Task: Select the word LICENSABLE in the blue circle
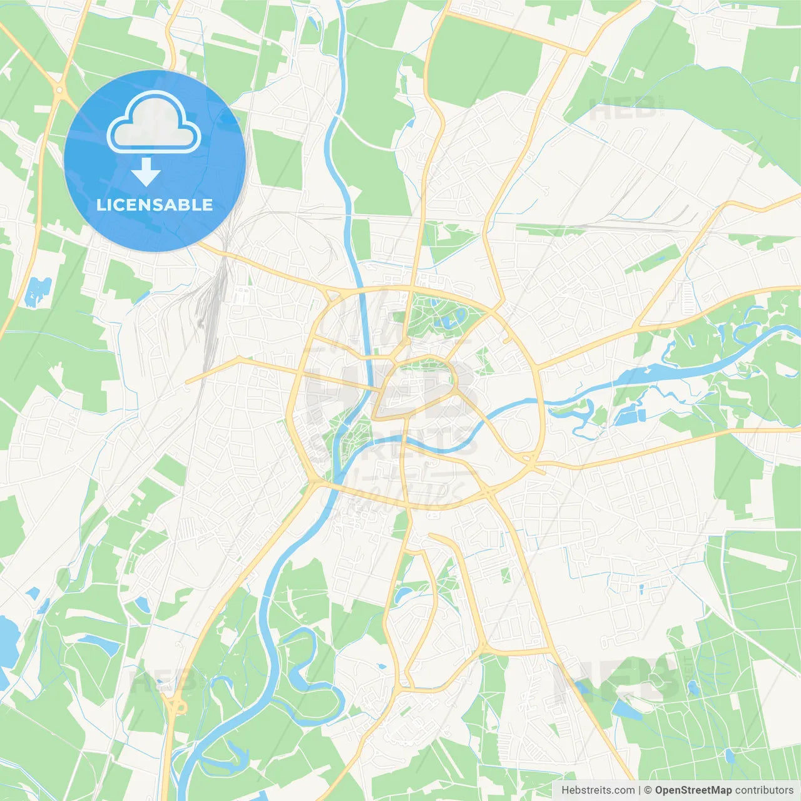pyautogui.click(x=155, y=205)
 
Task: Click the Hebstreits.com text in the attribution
pyautogui.click(x=598, y=790)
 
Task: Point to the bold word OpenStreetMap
pyautogui.click(x=693, y=790)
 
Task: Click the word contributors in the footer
pyautogui.click(x=764, y=790)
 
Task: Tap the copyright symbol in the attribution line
pyautogui.click(x=648, y=790)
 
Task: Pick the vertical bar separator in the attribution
pyautogui.click(x=640, y=790)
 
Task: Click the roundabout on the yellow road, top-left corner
pyautogui.click(x=59, y=91)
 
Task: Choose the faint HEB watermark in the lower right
pyautogui.click(x=616, y=679)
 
